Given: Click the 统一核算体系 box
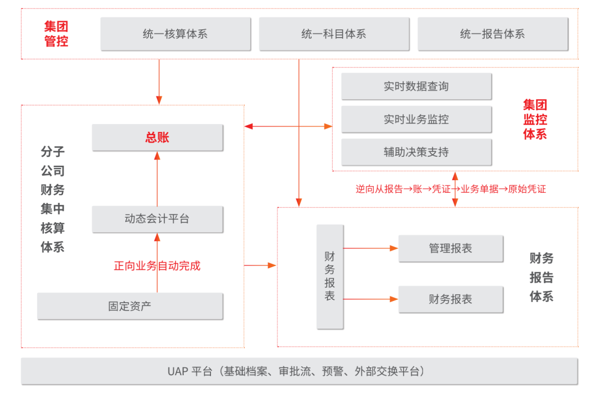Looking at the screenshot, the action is [x=176, y=34].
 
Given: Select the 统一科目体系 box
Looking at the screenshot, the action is [x=334, y=34].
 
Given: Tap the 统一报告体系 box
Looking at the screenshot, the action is [x=493, y=34].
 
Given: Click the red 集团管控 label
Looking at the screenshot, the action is [x=56, y=34].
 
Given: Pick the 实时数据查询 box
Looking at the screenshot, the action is [x=416, y=86].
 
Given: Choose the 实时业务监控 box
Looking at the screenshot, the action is [x=416, y=120].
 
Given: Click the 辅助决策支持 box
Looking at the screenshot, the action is [x=416, y=152].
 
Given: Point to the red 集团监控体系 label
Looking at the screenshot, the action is [x=535, y=119].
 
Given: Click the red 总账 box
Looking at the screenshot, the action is [x=157, y=137].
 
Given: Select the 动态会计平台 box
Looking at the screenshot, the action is [x=157, y=219].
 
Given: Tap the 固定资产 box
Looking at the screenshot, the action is [x=130, y=306].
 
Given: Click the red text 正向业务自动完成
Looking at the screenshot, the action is [x=157, y=266].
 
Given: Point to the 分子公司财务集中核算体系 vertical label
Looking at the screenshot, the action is [x=53, y=199].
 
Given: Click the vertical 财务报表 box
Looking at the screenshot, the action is [x=330, y=277].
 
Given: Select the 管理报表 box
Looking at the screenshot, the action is [x=451, y=249].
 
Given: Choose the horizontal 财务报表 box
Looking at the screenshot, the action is [x=451, y=299].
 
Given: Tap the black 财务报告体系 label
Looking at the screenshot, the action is [x=541, y=277].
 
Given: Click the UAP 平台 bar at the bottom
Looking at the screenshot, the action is [x=300, y=371].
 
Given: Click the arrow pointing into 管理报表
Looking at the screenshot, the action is [x=370, y=249].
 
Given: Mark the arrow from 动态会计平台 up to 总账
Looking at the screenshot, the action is [x=157, y=178].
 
